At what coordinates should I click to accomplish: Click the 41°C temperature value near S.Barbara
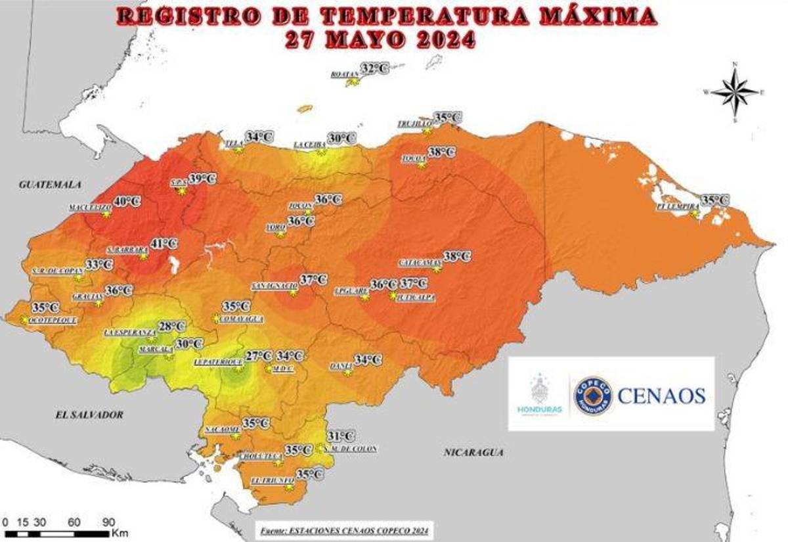click(x=164, y=244)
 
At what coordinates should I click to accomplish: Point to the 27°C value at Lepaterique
click(x=258, y=356)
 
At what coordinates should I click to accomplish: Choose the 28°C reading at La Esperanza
click(x=172, y=327)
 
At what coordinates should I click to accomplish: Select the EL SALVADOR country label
click(x=89, y=415)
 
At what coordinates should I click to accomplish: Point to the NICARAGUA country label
click(x=473, y=452)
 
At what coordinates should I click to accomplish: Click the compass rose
click(x=735, y=92)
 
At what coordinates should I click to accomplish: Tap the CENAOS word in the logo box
click(x=661, y=395)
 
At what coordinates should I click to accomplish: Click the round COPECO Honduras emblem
click(x=593, y=395)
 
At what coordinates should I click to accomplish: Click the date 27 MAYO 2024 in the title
click(x=380, y=39)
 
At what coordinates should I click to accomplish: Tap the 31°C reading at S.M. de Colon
click(x=341, y=436)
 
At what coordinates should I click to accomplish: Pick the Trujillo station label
click(x=414, y=124)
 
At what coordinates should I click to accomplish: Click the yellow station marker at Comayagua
click(x=216, y=319)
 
